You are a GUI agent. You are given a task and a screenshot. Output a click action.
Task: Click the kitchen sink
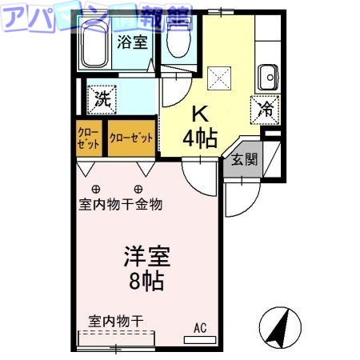(266, 78)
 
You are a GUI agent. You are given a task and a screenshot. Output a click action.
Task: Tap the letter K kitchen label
(199, 113)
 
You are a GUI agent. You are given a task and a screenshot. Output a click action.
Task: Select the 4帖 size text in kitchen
(199, 138)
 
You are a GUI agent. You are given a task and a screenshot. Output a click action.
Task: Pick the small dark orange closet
(90, 138)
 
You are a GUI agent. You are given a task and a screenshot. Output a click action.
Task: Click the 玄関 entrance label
(245, 159)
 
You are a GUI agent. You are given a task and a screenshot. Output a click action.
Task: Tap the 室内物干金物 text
(120, 205)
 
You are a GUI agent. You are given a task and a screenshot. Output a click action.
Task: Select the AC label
(199, 327)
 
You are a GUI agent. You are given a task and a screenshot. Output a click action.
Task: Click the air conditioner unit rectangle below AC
(199, 340)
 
